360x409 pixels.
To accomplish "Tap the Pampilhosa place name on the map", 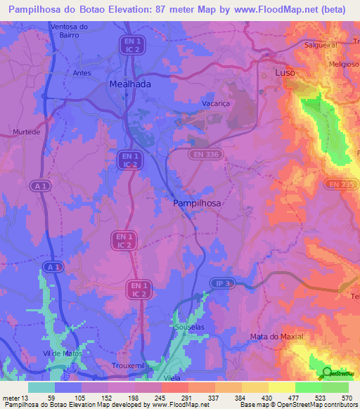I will pos(197,202).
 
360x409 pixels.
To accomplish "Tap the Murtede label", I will pos(25,131).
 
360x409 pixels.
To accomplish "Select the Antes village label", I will pos(82,72).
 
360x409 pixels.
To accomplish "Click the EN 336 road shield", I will pos(205,153).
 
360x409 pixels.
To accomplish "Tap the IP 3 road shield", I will pos(221,283).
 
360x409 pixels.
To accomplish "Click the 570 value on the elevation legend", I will pos(347,398).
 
